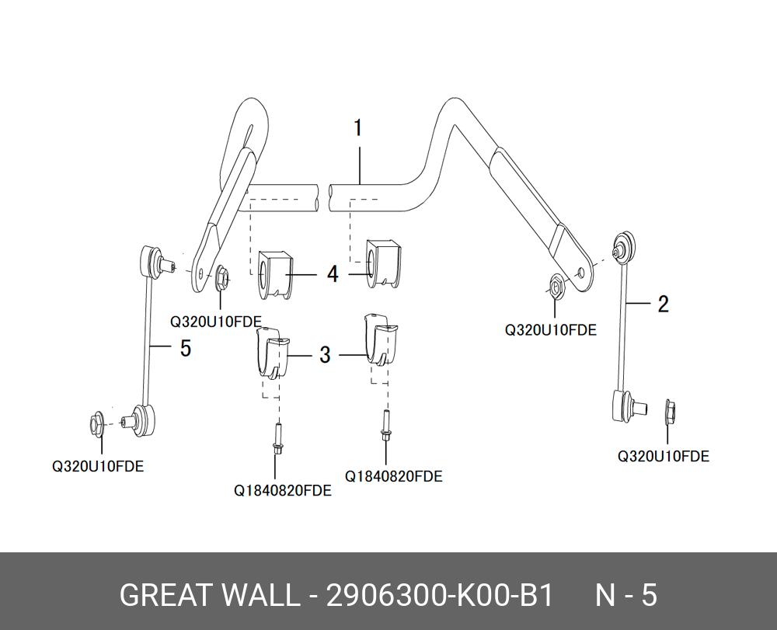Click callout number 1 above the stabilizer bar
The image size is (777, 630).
click(357, 127)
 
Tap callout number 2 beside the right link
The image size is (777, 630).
click(663, 303)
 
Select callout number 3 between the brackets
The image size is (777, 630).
click(325, 355)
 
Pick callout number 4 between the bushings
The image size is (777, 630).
click(333, 273)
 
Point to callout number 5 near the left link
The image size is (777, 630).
click(186, 348)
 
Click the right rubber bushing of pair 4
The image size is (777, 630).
click(382, 263)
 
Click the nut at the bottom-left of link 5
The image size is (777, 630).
click(96, 424)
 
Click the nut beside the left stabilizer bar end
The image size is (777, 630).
click(222, 279)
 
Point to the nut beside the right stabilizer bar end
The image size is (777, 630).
click(555, 287)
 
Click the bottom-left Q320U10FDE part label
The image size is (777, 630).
click(98, 467)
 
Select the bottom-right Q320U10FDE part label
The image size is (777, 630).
click(663, 456)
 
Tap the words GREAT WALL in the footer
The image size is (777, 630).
click(207, 595)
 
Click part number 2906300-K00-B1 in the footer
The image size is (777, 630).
click(439, 595)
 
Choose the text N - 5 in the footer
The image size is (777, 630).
click(626, 595)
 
